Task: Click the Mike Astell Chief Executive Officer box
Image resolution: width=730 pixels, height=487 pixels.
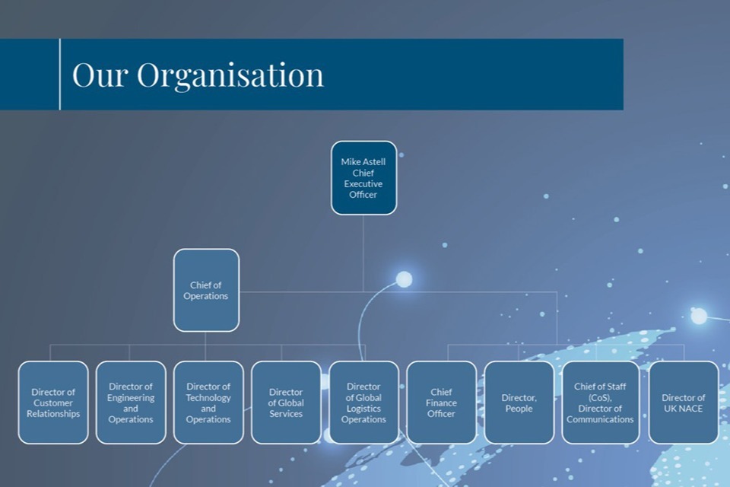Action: pos(363,177)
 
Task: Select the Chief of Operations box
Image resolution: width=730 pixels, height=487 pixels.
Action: pos(206,290)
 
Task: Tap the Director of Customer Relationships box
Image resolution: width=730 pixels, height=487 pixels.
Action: pos(53,403)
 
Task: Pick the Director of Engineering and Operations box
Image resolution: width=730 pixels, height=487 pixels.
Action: pos(131,403)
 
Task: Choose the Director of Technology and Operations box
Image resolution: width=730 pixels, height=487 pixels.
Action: pos(208,403)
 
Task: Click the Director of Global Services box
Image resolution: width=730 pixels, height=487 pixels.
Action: pos(286,403)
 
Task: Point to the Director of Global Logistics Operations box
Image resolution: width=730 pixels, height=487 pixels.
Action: pos(363,403)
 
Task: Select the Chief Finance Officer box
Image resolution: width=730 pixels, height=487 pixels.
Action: pos(441,403)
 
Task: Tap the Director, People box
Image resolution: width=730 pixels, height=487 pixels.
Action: pos(519,403)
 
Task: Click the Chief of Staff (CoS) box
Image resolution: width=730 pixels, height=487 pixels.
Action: pos(600,403)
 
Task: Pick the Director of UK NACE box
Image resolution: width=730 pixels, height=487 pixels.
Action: pos(683,403)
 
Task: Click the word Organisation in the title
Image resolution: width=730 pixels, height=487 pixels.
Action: pos(230,75)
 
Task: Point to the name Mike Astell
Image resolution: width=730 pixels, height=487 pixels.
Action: pos(363,162)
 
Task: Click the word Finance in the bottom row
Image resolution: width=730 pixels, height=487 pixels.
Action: pos(441,403)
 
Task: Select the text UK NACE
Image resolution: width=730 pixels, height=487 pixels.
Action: pos(683,409)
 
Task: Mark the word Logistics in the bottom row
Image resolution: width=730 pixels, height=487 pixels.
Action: pos(363,409)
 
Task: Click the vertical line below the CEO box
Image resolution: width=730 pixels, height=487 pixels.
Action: pos(363,251)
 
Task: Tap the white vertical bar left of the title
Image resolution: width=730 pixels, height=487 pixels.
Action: pos(59,75)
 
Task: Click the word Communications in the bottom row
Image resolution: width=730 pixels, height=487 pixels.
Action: pos(600,419)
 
